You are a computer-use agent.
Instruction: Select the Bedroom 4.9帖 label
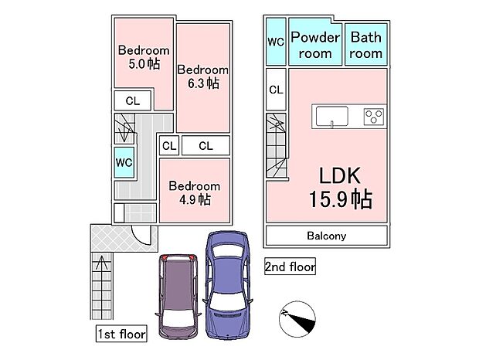point(194,192)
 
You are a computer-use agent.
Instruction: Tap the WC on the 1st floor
point(123,163)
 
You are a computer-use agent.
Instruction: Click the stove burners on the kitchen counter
point(374,117)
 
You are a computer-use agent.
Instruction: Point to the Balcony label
point(326,236)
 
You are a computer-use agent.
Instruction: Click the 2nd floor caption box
point(290,267)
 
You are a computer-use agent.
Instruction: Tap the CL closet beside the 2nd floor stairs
point(276,90)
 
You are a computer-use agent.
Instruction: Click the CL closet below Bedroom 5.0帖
point(133,100)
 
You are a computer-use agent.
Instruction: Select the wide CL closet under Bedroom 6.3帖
point(205,144)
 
